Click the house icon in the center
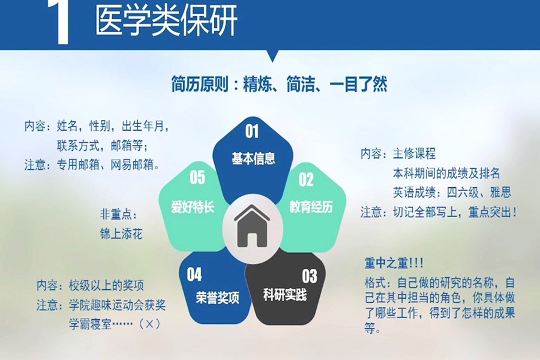pyautogui.click(x=252, y=226)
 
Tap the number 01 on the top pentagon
pyautogui.click(x=252, y=131)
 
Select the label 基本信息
pyautogui.click(x=253, y=158)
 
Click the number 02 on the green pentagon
pyautogui.click(x=306, y=179)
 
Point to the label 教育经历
pyautogui.click(x=311, y=206)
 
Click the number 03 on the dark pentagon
pyautogui.click(x=309, y=276)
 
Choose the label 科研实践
pyautogui.click(x=284, y=295)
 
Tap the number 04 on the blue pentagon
pyautogui.click(x=194, y=275)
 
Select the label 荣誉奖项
pyautogui.click(x=217, y=298)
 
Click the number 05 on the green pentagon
pyautogui.click(x=197, y=177)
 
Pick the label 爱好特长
pyautogui.click(x=193, y=206)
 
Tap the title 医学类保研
pyautogui.click(x=166, y=20)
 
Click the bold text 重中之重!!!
pyautogui.click(x=394, y=263)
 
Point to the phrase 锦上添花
pyautogui.click(x=121, y=234)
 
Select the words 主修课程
pyautogui.click(x=414, y=154)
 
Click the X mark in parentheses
pyautogui.click(x=149, y=324)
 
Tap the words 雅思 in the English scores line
pyautogui.click(x=500, y=192)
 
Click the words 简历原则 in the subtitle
pyautogui.click(x=200, y=85)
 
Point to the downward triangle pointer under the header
pyautogui.click(x=273, y=56)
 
